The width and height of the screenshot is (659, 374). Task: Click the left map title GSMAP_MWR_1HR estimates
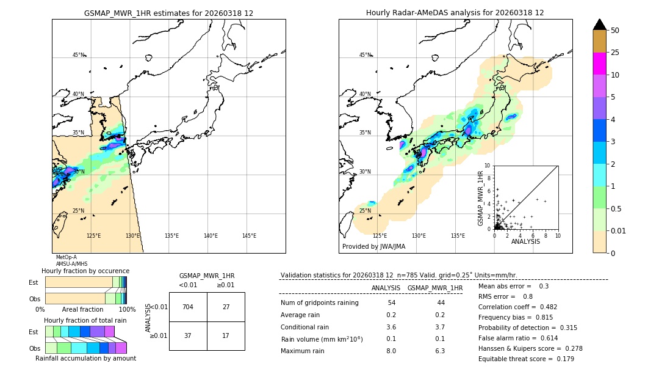168,13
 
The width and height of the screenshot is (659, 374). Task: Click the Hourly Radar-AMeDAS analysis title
455,13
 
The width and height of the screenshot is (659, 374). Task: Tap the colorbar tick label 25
615,53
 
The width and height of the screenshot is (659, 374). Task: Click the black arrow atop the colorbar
600,24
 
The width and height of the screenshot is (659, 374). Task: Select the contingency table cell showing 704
188,307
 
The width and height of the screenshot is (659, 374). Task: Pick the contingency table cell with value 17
226,335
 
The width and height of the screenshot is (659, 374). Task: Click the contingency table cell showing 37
188,335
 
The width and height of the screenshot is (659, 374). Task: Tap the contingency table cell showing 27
226,307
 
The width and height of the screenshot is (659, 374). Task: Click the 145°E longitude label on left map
249,236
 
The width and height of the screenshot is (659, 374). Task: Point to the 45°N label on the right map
365,55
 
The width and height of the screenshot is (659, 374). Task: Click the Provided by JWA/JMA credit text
373,246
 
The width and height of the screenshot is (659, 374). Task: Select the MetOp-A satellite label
67,258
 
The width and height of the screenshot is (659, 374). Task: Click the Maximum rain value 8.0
391,351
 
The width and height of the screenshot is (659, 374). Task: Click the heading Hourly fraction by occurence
85,271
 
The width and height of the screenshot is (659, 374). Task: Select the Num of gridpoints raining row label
320,303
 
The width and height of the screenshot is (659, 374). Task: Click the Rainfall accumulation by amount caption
85,358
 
